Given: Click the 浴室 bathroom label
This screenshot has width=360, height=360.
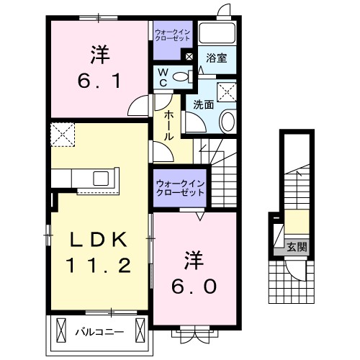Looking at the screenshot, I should click(217, 59).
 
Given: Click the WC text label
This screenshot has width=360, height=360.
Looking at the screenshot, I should click(163, 76).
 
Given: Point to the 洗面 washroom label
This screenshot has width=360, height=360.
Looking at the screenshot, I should click(203, 104).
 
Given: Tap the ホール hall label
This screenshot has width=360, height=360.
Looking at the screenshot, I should click(167, 125).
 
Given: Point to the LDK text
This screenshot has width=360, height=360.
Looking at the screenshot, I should click(100, 238).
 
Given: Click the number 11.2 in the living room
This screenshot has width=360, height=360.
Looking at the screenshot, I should click(100, 266).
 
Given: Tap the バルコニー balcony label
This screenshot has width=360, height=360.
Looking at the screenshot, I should click(100, 332).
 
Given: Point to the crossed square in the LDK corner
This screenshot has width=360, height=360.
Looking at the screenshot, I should click(62, 134).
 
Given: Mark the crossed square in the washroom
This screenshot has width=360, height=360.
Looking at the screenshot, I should click(228, 91).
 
